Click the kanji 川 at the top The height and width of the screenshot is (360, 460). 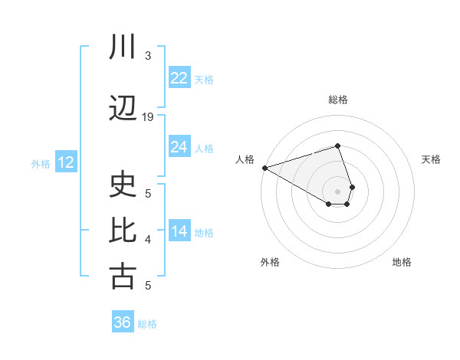click(x=123, y=48)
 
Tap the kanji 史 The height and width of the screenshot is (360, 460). click(x=123, y=185)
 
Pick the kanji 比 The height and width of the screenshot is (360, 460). click(x=123, y=231)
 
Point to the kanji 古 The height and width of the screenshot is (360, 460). click(x=123, y=277)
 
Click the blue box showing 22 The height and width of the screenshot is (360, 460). click(x=179, y=78)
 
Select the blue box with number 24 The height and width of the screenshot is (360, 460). click(x=179, y=147)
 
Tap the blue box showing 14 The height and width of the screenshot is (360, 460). click(x=179, y=231)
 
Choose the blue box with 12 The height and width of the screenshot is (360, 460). click(x=65, y=162)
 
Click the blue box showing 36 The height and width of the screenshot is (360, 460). click(x=123, y=322)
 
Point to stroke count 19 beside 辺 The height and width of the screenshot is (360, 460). click(x=148, y=117)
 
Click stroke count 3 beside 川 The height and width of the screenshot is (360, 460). click(x=148, y=56)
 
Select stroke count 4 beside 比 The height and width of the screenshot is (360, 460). click(x=148, y=240)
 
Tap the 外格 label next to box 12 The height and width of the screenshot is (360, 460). click(x=41, y=163)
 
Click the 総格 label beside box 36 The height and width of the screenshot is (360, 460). click(x=147, y=324)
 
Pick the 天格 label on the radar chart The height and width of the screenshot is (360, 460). click(x=432, y=159)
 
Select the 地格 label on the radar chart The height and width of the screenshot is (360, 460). click(x=402, y=262)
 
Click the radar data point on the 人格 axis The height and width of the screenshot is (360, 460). click(x=264, y=168)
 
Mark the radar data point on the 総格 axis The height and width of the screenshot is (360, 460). click(x=338, y=146)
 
